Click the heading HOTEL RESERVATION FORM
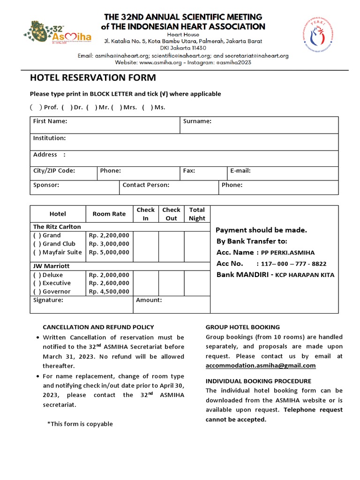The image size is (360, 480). (93, 78)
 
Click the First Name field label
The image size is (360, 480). (50, 121)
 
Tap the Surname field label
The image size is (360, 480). (197, 121)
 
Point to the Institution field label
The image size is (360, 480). (49, 138)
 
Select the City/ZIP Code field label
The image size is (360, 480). (54, 171)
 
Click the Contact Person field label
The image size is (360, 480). (146, 185)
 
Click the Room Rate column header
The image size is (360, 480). (109, 214)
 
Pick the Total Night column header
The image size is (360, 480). (197, 214)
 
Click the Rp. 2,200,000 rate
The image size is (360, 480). (109, 235)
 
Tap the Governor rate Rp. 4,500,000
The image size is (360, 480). (109, 292)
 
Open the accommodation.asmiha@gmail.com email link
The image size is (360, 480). (261, 366)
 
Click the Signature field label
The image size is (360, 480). (48, 300)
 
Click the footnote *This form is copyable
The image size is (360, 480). (80, 424)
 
